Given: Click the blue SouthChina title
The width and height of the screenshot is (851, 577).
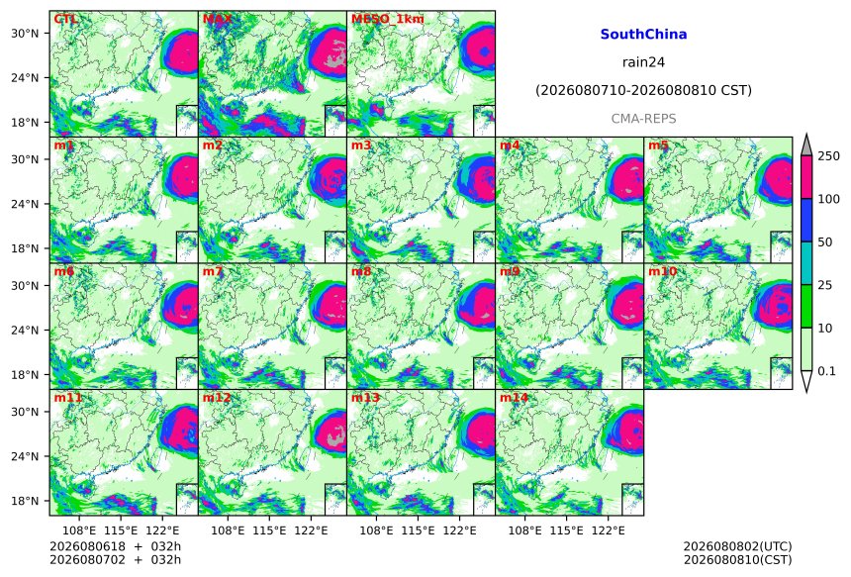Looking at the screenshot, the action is click(643, 35).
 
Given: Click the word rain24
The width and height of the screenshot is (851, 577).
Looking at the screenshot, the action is click(643, 62).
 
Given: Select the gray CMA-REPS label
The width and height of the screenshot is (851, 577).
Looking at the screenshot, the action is click(643, 119).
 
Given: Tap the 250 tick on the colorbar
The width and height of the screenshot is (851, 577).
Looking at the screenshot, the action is click(829, 156).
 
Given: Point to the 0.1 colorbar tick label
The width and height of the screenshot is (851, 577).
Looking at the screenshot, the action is click(826, 371).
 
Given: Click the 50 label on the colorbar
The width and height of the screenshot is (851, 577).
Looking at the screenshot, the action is click(825, 242).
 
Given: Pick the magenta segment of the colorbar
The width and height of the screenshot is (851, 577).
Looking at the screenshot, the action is click(806, 177).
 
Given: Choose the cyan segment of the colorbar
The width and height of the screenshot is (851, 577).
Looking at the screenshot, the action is click(806, 263).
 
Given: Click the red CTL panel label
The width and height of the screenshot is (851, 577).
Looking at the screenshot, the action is click(65, 19).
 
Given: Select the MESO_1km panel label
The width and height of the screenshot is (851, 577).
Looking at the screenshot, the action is click(388, 19).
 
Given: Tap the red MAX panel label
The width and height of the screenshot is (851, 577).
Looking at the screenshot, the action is click(217, 19).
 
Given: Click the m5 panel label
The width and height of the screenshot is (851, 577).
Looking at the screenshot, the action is click(658, 145).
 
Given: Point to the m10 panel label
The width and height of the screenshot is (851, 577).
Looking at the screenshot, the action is click(662, 271).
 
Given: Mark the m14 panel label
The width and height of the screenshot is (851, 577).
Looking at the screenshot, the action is click(514, 398).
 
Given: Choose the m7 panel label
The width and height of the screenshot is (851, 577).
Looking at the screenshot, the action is click(213, 271).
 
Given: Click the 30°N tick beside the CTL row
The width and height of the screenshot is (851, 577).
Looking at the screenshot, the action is click(25, 33).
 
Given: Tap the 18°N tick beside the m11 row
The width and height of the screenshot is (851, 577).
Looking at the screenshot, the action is click(25, 501).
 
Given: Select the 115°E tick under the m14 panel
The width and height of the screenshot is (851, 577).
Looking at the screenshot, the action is click(567, 530).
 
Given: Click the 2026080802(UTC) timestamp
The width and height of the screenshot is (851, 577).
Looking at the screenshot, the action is click(737, 546).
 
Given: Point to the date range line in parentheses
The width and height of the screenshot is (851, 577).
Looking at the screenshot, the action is click(643, 90).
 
